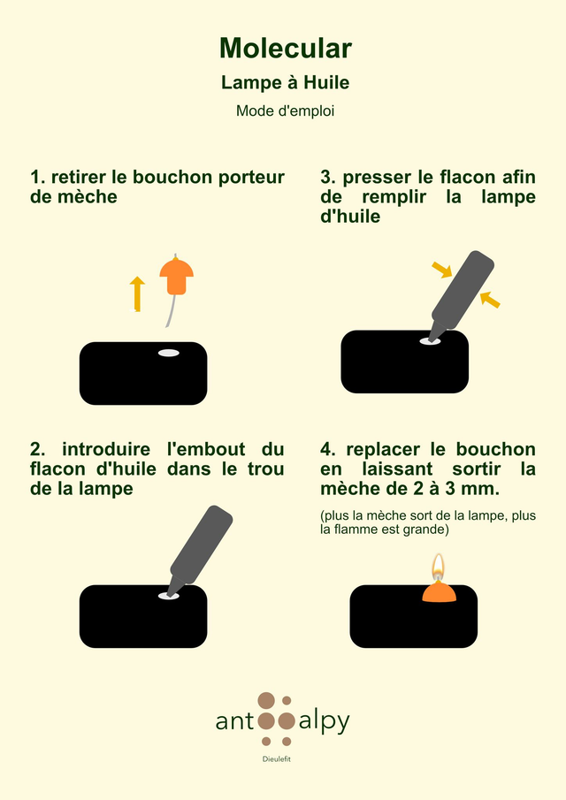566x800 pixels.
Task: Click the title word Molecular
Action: pos(286,49)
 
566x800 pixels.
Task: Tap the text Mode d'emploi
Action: pos(285,110)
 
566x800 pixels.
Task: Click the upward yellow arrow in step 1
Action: pos(137,293)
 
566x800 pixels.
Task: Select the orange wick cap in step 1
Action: pos(177,276)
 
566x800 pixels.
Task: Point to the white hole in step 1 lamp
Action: pos(168,353)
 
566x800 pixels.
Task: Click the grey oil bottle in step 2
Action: pos(200,550)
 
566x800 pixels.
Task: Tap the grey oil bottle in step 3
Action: pos(462,296)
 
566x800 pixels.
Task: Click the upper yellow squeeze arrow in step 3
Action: pos(442,270)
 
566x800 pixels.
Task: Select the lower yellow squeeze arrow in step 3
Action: pos(490,300)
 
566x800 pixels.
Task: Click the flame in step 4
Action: pos(438,567)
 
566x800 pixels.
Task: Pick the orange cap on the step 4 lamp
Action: pos(439,591)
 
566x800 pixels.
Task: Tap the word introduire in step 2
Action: pos(106,449)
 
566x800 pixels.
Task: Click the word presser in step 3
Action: pos(377,178)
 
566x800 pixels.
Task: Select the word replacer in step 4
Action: pos(385,450)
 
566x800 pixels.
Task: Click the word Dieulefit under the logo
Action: pos(277,758)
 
